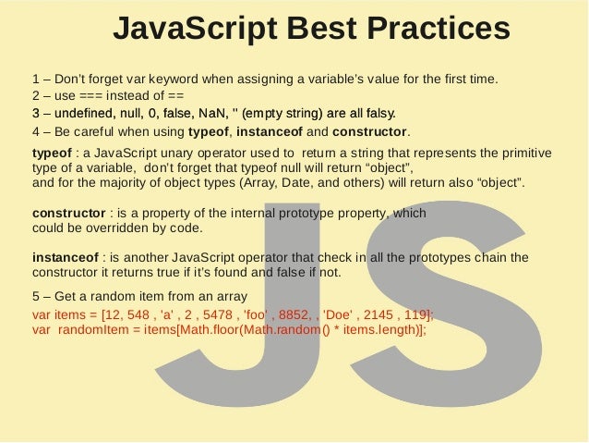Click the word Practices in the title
(x=438, y=29)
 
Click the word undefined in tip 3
(x=82, y=114)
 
